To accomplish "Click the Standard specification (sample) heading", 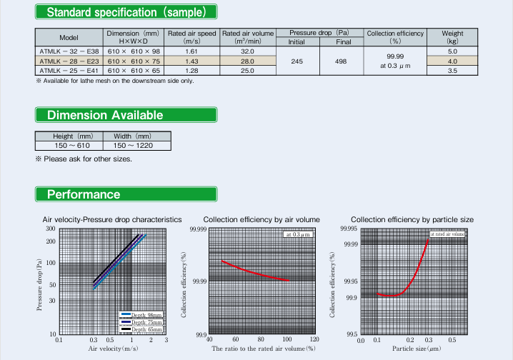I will pyautogui.click(x=126, y=12).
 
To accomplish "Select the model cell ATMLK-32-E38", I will pyautogui.click(x=69, y=51).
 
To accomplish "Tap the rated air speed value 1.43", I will pyautogui.click(x=191, y=61).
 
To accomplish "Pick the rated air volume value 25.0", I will pyautogui.click(x=247, y=71).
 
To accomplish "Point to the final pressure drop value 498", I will pyautogui.click(x=339, y=61).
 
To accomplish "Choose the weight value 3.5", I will pyautogui.click(x=452, y=71).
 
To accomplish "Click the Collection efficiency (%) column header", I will pyautogui.click(x=394, y=37).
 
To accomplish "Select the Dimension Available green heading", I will pyautogui.click(x=104, y=115).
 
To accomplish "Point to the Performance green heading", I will pyautogui.click(x=84, y=194).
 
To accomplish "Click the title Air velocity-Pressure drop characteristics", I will pyautogui.click(x=112, y=219).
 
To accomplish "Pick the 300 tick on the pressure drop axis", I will pyautogui.click(x=51, y=229).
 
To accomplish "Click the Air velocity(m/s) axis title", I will pyautogui.click(x=112, y=349).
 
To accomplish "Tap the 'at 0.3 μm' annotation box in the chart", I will pyautogui.click(x=299, y=234).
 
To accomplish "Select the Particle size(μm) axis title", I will pyautogui.click(x=415, y=349).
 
